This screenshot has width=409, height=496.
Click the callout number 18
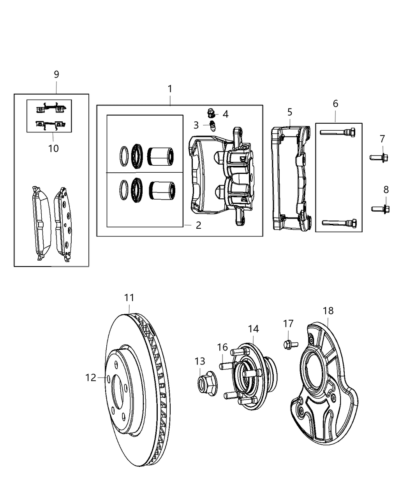(328, 311)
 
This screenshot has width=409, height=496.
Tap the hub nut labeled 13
(205, 381)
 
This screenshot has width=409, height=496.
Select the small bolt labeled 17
(289, 344)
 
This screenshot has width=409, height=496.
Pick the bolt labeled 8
(381, 209)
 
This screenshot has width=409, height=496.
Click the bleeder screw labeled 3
(213, 126)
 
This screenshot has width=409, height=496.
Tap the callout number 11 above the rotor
(129, 298)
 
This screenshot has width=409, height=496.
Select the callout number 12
(91, 377)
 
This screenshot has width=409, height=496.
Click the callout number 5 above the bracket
(290, 112)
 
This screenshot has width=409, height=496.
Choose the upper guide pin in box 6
(338, 132)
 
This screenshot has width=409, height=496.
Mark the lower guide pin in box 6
(339, 223)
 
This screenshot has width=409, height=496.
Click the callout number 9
(56, 74)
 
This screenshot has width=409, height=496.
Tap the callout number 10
(53, 148)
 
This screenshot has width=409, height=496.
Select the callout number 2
(198, 225)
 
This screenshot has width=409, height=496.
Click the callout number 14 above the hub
(253, 329)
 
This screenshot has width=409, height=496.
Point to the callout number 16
(222, 347)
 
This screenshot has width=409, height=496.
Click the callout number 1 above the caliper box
(170, 89)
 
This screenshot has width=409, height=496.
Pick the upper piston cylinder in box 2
(161, 156)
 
